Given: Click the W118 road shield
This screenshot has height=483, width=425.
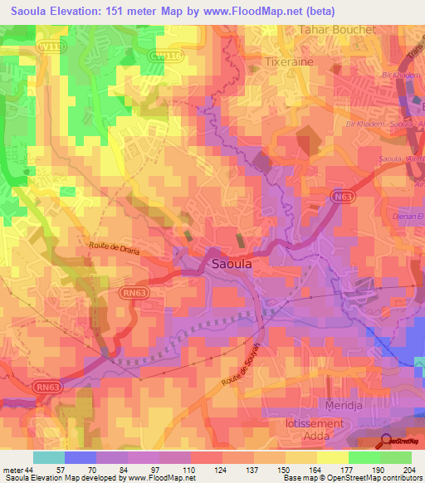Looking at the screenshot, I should coord(51,48).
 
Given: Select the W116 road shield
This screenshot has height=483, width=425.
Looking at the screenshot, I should coord(164,55).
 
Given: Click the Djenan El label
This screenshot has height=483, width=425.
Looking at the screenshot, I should coord(407,215).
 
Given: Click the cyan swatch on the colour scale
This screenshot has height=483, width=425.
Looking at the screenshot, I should coord(49,457).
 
